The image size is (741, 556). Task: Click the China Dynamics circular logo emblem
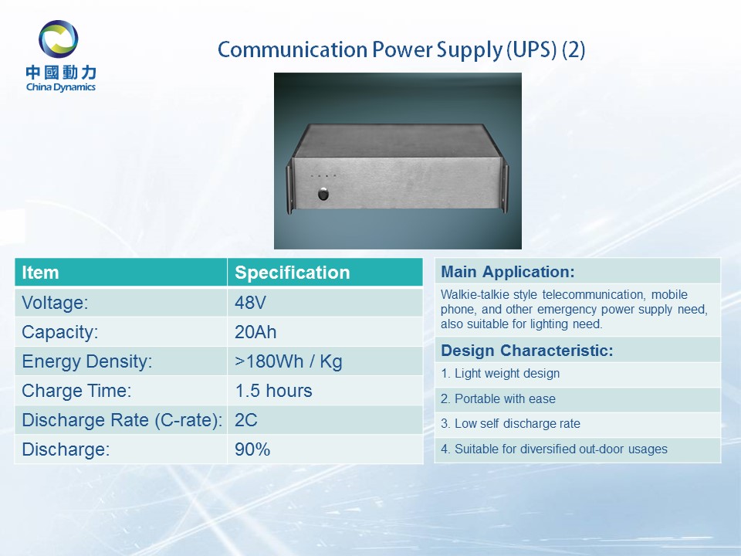59,39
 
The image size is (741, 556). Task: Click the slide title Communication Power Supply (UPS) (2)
401,49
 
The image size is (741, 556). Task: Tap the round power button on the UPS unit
323,194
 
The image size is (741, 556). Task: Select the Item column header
40,273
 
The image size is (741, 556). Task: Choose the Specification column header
292,273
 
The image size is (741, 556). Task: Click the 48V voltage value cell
250,303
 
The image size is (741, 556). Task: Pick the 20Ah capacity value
255,332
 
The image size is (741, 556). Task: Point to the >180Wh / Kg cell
288,361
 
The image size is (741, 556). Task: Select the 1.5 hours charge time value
273,391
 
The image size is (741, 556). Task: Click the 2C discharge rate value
246,420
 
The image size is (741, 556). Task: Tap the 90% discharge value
252,449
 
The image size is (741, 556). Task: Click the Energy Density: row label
87,361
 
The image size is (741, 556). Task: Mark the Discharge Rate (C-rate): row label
122,420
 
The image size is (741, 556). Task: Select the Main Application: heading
508,272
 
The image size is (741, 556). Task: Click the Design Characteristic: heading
527,351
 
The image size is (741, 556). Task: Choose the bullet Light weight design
500,374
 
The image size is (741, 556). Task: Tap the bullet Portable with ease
498,398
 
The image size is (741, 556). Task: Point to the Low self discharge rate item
510,424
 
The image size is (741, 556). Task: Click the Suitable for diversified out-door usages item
554,449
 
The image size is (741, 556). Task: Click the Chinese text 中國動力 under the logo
61,73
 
